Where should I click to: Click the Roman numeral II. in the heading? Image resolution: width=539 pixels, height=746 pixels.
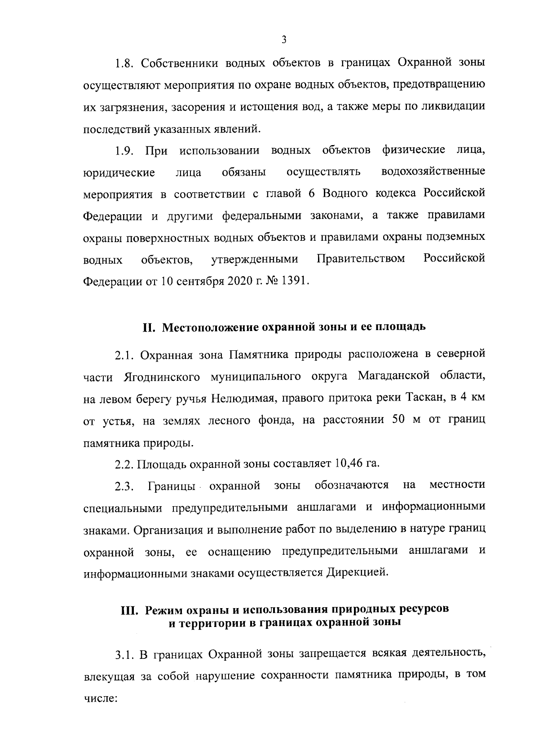149,327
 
